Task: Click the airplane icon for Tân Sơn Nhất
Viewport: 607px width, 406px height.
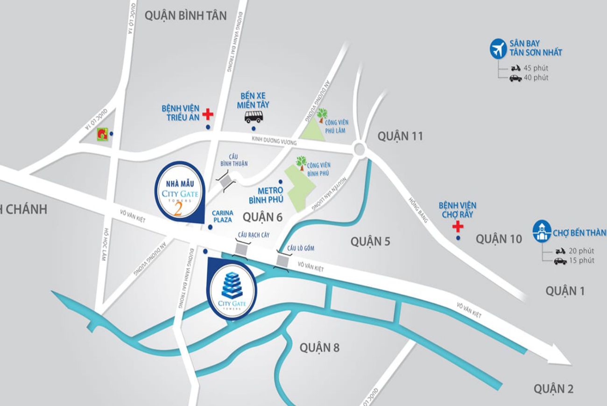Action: tap(498, 49)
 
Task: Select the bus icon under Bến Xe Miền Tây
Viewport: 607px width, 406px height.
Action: tap(254, 116)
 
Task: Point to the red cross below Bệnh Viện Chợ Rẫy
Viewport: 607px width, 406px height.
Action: tap(459, 227)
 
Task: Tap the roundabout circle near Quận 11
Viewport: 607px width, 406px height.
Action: tap(360, 149)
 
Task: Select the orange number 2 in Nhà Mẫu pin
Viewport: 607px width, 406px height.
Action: tap(178, 209)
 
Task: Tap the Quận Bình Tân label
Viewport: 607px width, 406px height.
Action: tap(185, 15)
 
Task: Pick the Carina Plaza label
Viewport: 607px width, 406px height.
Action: tap(222, 215)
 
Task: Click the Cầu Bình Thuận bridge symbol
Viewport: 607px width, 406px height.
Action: tap(226, 180)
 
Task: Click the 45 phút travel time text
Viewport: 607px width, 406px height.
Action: tap(536, 68)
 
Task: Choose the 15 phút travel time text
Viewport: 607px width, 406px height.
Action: tap(581, 260)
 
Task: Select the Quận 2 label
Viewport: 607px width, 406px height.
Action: tap(553, 388)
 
